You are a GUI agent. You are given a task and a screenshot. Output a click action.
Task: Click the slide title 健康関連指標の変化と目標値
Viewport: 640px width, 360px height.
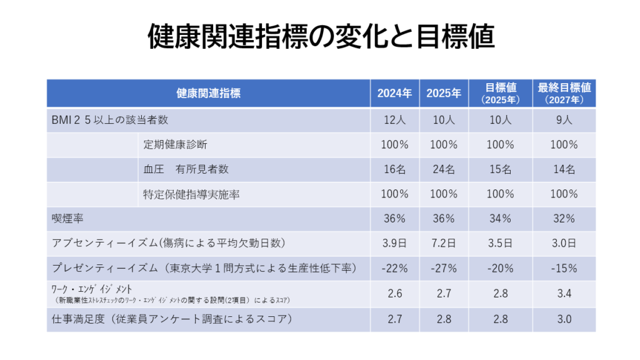[320, 37]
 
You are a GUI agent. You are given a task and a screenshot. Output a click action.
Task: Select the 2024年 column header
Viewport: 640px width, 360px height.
[394, 94]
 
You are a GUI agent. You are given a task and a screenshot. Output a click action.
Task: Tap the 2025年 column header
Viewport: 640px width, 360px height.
[444, 94]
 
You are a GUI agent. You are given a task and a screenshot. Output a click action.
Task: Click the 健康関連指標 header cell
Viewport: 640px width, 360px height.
[208, 94]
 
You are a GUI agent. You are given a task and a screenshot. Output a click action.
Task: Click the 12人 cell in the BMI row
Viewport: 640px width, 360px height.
[394, 119]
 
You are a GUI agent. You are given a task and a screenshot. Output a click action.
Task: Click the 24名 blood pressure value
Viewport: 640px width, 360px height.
[444, 169]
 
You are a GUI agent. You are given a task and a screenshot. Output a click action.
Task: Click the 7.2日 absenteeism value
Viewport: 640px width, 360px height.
[444, 243]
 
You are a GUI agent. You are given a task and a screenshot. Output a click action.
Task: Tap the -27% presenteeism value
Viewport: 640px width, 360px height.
[444, 268]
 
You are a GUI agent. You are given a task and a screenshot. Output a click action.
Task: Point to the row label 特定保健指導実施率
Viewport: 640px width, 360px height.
[191, 194]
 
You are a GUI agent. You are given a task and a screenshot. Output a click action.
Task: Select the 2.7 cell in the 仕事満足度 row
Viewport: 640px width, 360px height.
[394, 319]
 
